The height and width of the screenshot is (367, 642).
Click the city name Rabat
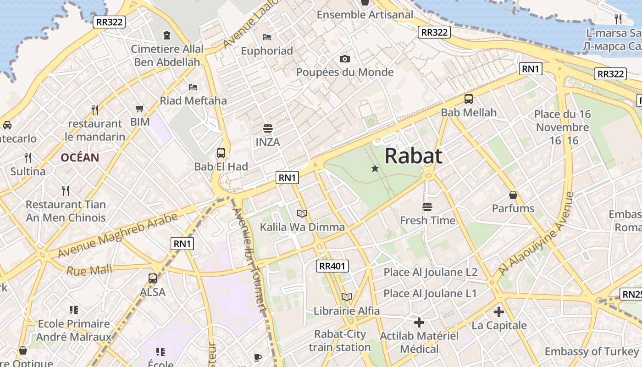pos(413,156)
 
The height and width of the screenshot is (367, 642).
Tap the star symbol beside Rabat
pos(375,169)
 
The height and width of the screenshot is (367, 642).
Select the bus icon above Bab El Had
pos(221,153)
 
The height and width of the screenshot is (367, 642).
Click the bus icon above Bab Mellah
pos(469,99)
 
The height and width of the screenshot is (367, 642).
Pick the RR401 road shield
pos(333,266)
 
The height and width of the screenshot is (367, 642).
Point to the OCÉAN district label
pos(80,158)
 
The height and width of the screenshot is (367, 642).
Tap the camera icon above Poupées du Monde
pos(345,59)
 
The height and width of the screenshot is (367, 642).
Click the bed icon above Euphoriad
pos(267,37)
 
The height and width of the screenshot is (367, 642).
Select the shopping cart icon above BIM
pos(140,109)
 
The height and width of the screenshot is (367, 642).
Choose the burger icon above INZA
pos(268,128)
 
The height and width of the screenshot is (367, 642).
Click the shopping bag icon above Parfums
pos(513,195)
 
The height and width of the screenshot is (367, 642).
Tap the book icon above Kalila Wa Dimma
pos(302,213)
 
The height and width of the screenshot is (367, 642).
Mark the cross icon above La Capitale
pos(499,312)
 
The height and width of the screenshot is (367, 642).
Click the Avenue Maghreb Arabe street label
pos(117,235)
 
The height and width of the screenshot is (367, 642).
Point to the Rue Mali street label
pos(89,270)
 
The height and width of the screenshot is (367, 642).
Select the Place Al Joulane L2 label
pos(430,272)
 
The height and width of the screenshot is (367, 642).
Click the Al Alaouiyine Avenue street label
pos(537,234)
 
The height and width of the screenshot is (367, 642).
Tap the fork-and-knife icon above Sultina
pos(28,158)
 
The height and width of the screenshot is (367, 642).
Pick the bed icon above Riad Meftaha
pos(193,87)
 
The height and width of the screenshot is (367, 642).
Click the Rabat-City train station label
pos(340,340)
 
